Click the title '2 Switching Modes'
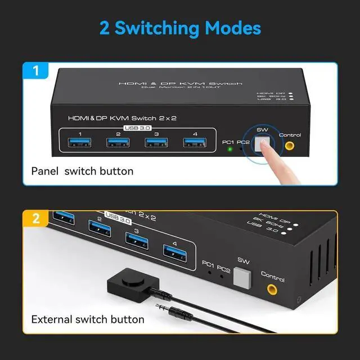click(180, 28)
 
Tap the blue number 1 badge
click(35, 71)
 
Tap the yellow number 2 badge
click(35, 219)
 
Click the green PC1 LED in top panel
click(229, 150)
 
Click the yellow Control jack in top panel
click(290, 146)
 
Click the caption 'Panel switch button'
click(82, 171)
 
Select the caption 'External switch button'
click(88, 319)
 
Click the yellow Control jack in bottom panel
click(272, 290)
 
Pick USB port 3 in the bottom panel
click(137, 240)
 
